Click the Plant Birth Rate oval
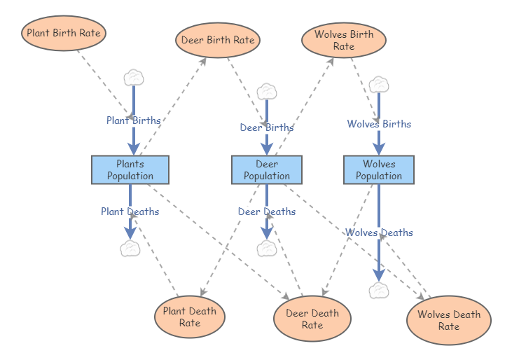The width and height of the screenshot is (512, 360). [64, 33]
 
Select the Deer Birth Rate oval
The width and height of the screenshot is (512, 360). [218, 40]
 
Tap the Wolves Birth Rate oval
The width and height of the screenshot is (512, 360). [344, 40]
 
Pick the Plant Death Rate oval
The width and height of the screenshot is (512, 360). [190, 317]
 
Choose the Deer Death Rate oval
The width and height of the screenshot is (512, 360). [312, 319]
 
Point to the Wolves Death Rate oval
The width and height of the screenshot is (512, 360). [449, 320]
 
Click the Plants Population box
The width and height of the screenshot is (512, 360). [130, 169]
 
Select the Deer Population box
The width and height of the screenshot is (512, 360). [267, 169]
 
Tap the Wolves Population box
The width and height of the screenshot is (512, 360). [379, 169]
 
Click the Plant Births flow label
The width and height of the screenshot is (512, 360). [133, 120]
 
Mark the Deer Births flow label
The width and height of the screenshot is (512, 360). [267, 127]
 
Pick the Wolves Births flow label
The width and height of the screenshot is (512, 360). [379, 124]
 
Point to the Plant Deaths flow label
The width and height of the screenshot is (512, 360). [130, 212]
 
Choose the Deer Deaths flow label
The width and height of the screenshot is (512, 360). [267, 212]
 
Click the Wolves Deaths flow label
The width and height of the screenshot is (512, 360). [379, 233]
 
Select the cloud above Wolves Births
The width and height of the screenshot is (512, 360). [379, 83]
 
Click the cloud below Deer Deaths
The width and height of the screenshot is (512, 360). [267, 248]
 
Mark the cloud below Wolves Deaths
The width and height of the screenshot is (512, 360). [379, 290]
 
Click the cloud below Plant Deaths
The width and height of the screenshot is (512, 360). [130, 248]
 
